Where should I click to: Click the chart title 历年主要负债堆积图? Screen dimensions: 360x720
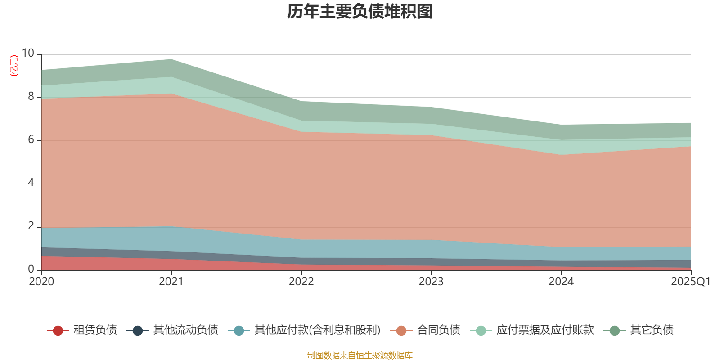pyautogui.click(x=360, y=12)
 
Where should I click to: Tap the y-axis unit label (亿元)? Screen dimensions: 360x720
pyautogui.click(x=14, y=66)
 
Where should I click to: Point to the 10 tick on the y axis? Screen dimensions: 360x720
pyautogui.click(x=28, y=53)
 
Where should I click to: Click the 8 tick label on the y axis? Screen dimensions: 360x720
pyautogui.click(x=31, y=96)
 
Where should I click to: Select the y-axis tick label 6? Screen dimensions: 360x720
pyautogui.click(x=31, y=139)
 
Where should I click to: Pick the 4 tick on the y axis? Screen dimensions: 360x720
pyautogui.click(x=31, y=183)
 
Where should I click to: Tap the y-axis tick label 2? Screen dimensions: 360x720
pyautogui.click(x=31, y=226)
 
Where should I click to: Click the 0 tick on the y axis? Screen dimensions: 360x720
pyautogui.click(x=31, y=269)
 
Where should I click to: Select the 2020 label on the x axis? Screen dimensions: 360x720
pyautogui.click(x=41, y=282)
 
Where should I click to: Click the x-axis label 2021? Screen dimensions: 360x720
pyautogui.click(x=171, y=282)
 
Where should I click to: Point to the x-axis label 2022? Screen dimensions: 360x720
pyautogui.click(x=301, y=282)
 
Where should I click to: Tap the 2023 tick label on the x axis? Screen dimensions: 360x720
pyautogui.click(x=431, y=282)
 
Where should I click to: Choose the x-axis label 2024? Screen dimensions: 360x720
pyautogui.click(x=561, y=282)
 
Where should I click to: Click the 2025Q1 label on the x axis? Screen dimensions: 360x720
pyautogui.click(x=690, y=282)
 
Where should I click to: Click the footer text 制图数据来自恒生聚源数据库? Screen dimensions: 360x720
pyautogui.click(x=360, y=355)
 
